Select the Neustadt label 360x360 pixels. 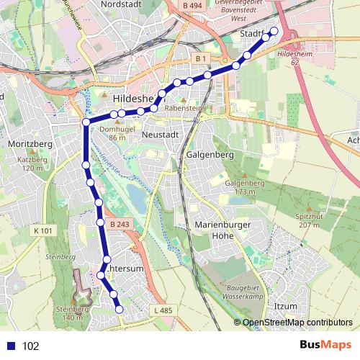click(158, 134)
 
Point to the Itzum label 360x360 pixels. click(286, 307)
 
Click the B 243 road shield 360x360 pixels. click(120, 225)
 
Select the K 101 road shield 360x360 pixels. click(43, 230)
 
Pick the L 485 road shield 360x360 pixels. click(163, 310)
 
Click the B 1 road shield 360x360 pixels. click(201, 58)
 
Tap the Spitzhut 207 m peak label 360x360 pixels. click(308, 220)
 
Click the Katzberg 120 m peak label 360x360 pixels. click(31, 163)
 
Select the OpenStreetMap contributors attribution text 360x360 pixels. click(297, 323)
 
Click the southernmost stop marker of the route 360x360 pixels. click(120, 310)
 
